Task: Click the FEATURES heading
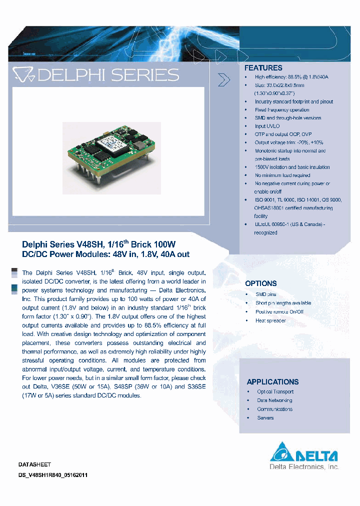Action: (263, 68)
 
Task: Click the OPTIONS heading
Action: (260, 283)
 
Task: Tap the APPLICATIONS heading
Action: (272, 381)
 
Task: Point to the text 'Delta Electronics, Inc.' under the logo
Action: (304, 467)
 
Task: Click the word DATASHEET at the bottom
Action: (35, 464)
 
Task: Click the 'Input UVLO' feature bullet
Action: (267, 126)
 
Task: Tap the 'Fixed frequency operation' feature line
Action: (282, 110)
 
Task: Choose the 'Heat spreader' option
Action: (270, 320)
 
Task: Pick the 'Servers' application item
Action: (265, 417)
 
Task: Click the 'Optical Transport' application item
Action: (275, 392)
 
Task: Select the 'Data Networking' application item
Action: (274, 400)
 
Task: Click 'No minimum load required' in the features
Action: (282, 175)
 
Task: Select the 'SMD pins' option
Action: (265, 294)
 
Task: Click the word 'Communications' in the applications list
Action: (274, 409)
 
